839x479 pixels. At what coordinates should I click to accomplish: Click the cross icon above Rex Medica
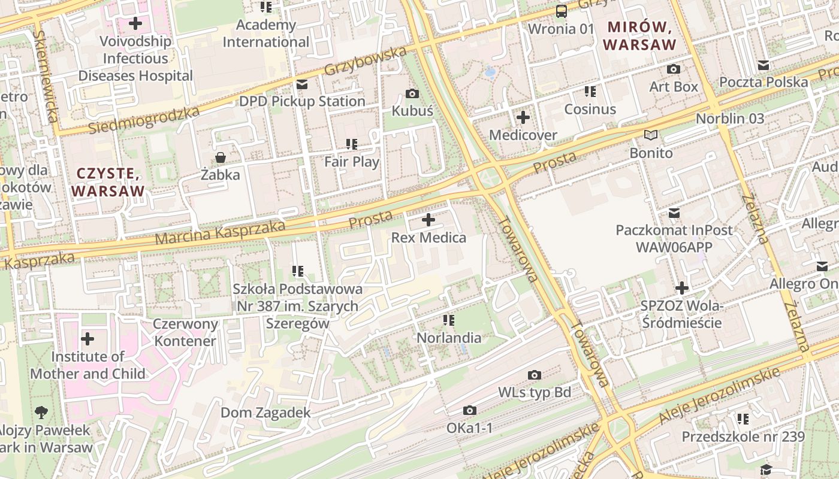[428, 220]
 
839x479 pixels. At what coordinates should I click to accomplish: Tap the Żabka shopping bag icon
[220, 157]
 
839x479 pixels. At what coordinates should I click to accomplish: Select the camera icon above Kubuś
[412, 93]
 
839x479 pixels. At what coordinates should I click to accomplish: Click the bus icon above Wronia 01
[562, 11]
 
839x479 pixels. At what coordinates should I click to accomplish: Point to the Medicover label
[523, 135]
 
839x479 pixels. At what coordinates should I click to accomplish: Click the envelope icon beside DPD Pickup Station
[301, 84]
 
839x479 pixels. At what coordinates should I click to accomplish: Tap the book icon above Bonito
[651, 135]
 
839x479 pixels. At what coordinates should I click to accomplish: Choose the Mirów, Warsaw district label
[640, 35]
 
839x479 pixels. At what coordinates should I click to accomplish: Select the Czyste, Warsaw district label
[108, 182]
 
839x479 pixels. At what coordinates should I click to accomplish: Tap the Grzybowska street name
[365, 61]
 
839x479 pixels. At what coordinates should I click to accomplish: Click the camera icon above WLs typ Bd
[535, 375]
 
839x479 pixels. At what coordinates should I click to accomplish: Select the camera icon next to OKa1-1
[470, 411]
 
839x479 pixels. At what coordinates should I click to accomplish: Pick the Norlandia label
[449, 338]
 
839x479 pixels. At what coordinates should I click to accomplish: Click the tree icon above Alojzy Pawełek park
[41, 412]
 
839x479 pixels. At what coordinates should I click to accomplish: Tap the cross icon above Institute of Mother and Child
[87, 339]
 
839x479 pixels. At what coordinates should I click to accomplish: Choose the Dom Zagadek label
[265, 413]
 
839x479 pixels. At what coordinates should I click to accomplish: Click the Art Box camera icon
[674, 69]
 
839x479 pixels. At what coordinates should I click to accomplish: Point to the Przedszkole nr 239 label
[743, 436]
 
